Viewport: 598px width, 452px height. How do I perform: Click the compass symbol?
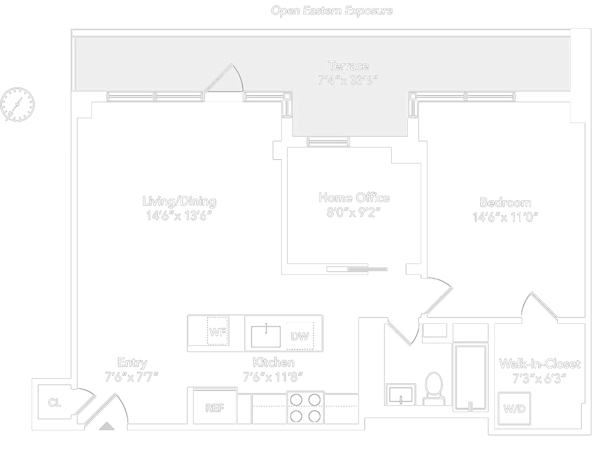click(17, 105)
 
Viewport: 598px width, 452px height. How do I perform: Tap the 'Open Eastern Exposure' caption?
click(332, 11)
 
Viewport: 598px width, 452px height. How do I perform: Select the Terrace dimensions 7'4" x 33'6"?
click(347, 81)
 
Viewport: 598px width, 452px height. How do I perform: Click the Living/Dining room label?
click(179, 201)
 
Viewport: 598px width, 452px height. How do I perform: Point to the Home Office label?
click(354, 198)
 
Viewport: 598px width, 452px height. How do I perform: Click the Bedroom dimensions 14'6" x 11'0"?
click(505, 217)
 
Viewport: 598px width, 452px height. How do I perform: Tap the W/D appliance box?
click(514, 409)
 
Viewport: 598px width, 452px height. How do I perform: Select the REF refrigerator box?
click(215, 408)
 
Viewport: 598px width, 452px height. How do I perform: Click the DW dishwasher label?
click(300, 336)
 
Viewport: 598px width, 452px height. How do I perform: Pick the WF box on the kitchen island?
click(217, 332)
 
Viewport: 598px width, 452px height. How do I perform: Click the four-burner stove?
click(305, 408)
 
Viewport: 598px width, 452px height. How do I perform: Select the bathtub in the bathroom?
click(470, 377)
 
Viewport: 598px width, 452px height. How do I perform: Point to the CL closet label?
click(54, 403)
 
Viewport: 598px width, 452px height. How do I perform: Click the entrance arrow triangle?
click(107, 426)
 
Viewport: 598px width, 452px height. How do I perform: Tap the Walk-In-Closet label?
click(539, 364)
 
